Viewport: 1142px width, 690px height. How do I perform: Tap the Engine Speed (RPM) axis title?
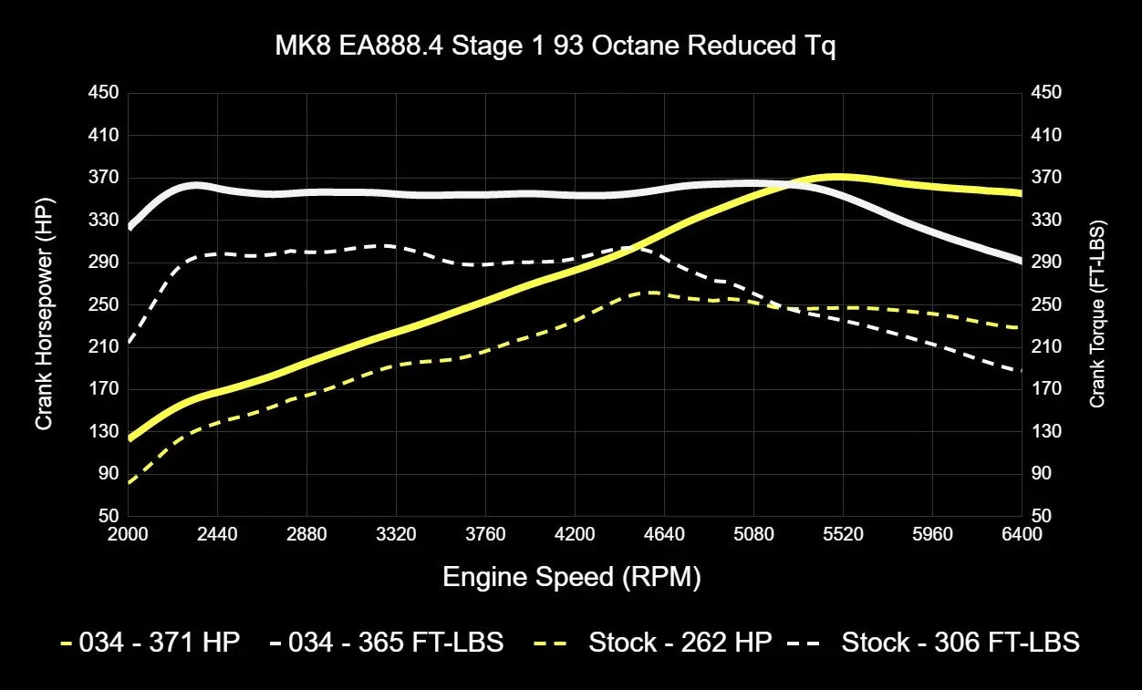tap(572, 577)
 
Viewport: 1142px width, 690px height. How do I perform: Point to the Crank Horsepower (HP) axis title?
tap(44, 314)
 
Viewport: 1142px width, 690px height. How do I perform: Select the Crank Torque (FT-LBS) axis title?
tap(1097, 314)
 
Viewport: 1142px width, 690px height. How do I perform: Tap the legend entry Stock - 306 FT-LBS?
tap(960, 642)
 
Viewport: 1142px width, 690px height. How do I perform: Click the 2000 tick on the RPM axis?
tap(128, 535)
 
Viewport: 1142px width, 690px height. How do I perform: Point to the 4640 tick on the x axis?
tap(663, 535)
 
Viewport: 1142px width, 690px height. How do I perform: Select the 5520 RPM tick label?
tap(842, 535)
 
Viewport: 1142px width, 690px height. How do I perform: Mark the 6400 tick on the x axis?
tap(1021, 535)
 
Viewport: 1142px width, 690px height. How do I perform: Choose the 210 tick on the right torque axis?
tap(1046, 347)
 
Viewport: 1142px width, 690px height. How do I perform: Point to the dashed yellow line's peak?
tap(653, 293)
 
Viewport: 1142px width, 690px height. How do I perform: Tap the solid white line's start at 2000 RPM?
tap(130, 226)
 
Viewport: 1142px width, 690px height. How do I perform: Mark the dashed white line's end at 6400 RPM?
tap(1020, 371)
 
